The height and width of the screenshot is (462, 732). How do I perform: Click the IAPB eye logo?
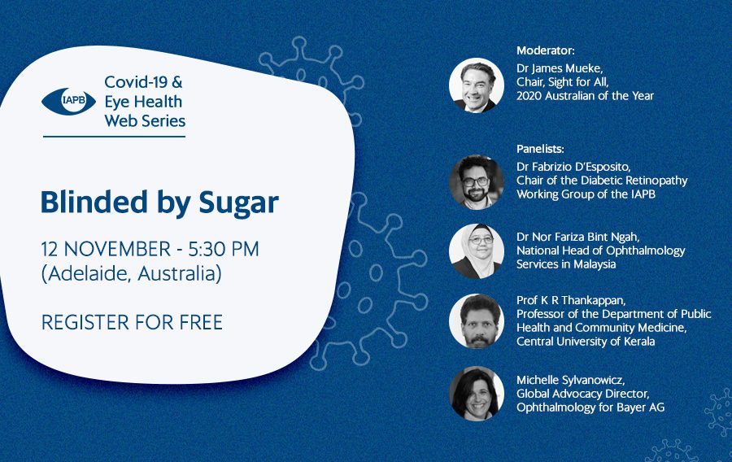click(x=68, y=102)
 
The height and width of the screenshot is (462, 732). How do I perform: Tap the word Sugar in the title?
click(x=238, y=203)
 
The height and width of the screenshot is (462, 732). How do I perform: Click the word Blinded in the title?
click(x=94, y=202)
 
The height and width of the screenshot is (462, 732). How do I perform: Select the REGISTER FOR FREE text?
click(x=132, y=322)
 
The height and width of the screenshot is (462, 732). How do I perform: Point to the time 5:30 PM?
click(x=223, y=249)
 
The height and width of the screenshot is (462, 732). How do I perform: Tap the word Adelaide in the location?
click(x=87, y=273)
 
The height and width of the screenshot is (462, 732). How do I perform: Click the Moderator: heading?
click(x=545, y=50)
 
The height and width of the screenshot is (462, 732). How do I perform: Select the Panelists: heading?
click(x=540, y=149)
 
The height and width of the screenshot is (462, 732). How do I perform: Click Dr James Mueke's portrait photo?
click(x=477, y=85)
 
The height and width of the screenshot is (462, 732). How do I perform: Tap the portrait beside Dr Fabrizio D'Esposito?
click(x=477, y=182)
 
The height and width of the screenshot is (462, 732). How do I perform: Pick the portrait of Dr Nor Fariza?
click(x=477, y=251)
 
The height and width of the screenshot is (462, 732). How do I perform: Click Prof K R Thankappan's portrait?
click(x=477, y=321)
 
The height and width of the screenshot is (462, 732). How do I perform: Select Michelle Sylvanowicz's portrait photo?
click(x=477, y=394)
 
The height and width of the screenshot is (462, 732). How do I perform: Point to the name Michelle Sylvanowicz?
click(x=570, y=381)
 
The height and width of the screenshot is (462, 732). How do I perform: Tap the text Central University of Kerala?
click(x=586, y=342)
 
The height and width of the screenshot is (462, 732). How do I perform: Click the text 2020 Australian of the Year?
click(x=585, y=96)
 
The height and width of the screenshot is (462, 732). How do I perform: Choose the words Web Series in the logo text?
click(x=146, y=121)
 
